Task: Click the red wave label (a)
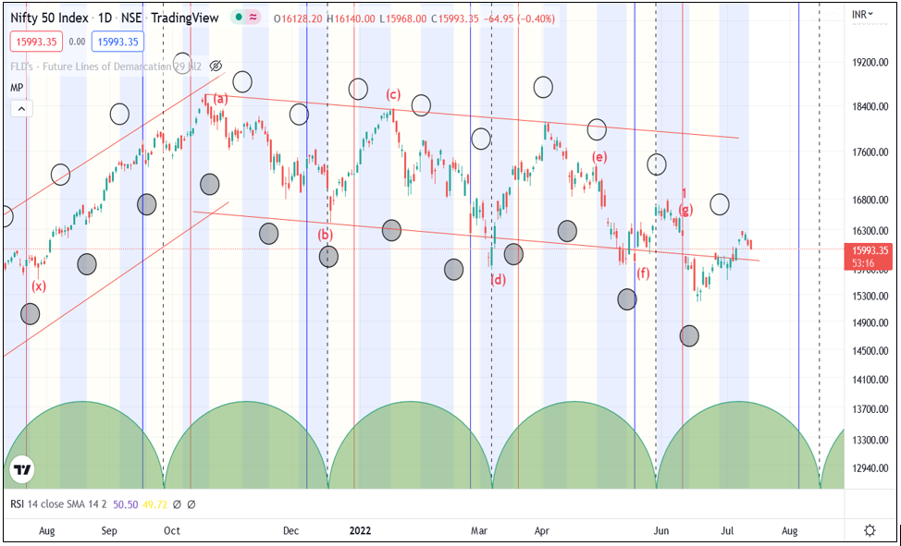pos(220,99)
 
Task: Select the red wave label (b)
pos(325,235)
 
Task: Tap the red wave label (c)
pos(393,94)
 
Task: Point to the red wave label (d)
pos(498,279)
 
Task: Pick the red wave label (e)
pos(599,157)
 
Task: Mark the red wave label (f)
pos(643,273)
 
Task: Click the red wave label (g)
pos(685,210)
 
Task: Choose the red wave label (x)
pos(39,286)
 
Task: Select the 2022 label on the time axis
pos(360,530)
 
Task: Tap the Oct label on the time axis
pos(171,530)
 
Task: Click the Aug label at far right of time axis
pos(789,530)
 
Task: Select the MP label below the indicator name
pos(17,87)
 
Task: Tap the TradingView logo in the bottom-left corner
pos(23,470)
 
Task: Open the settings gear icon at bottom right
pos(870,530)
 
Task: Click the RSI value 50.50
pos(124,504)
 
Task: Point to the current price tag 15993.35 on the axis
pos(870,250)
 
